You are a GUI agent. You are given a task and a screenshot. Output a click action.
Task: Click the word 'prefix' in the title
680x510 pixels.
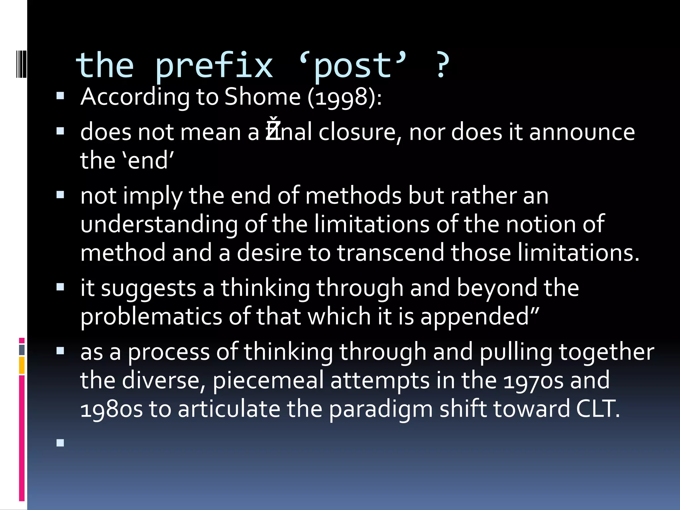coord(214,66)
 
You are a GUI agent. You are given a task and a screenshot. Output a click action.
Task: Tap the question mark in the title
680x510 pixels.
coord(441,66)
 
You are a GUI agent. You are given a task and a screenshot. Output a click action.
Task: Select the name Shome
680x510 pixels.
coord(262,97)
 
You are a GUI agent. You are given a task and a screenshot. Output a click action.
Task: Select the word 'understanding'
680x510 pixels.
coord(159,225)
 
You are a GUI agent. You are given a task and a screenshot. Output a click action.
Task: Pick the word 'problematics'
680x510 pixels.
coord(151,317)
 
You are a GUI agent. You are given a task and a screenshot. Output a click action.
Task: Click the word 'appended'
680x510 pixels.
coord(478,317)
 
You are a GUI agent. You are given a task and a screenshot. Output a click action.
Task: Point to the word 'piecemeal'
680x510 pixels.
coord(268,381)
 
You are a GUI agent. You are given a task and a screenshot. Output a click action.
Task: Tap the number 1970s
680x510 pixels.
coord(533,381)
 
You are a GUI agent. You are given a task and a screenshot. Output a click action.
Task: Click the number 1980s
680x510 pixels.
coord(112,409)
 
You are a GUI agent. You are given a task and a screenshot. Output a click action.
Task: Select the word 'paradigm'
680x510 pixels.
coord(381,409)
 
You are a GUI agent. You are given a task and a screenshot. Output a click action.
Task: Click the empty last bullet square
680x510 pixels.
coord(60,443)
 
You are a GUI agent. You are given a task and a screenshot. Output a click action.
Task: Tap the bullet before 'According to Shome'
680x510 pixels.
coord(60,96)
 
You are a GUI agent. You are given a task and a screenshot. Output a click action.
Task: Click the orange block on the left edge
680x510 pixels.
coord(22,365)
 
